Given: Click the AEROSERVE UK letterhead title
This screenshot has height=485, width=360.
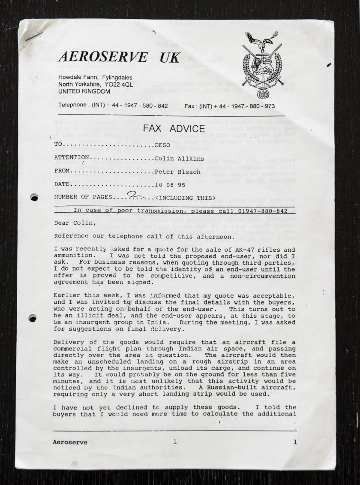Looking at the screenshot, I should coord(119,57).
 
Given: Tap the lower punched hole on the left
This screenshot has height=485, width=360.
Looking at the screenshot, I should coord(32,319).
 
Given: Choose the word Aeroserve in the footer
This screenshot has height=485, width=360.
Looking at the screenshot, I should coord(70,442).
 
